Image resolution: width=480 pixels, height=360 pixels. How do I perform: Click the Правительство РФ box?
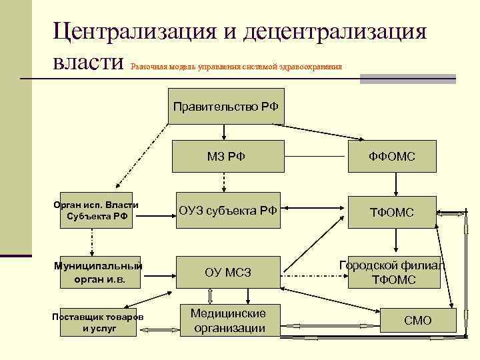226,106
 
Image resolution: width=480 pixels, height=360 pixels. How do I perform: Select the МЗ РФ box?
226,157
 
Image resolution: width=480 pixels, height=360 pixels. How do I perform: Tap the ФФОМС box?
393,157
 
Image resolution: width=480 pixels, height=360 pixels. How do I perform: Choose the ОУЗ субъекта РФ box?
227,212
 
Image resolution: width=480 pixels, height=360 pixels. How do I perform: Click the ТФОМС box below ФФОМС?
393,212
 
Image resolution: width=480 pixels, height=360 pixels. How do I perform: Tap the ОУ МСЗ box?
227,272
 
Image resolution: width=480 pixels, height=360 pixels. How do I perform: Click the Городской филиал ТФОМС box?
393,273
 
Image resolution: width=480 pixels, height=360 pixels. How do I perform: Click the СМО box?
418,321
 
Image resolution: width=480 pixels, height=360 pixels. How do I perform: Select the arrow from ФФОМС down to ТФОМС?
393,185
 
